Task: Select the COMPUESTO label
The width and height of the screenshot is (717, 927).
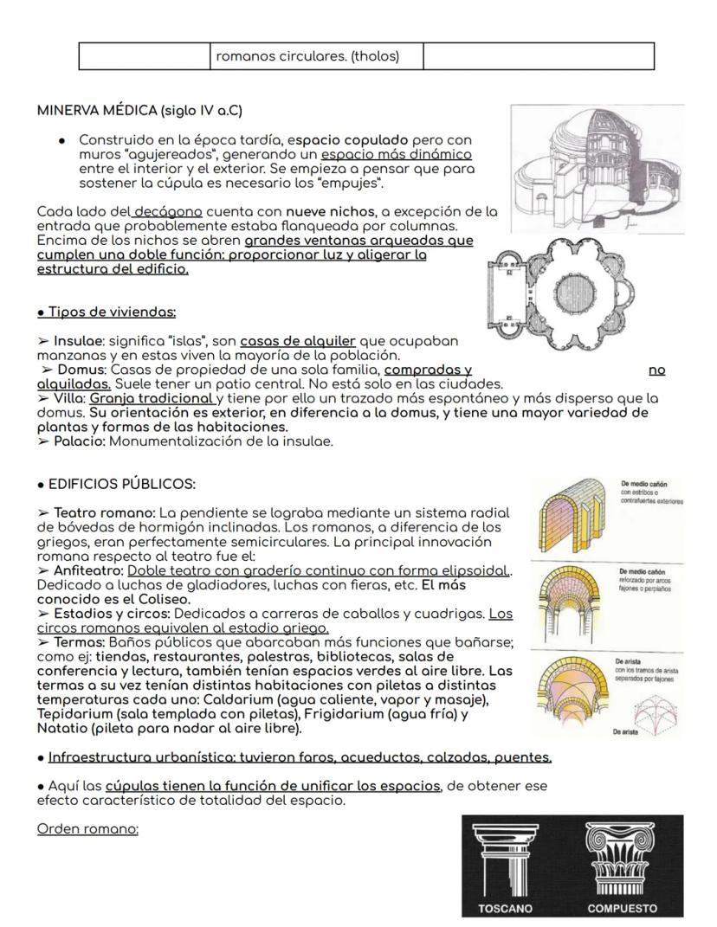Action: tap(622, 908)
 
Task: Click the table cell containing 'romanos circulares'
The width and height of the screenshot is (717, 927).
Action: tap(315, 57)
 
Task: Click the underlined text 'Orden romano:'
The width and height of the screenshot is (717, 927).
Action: tap(87, 828)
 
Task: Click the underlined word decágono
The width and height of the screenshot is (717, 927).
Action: tap(168, 212)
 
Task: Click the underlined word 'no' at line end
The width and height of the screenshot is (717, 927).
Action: tap(656, 370)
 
